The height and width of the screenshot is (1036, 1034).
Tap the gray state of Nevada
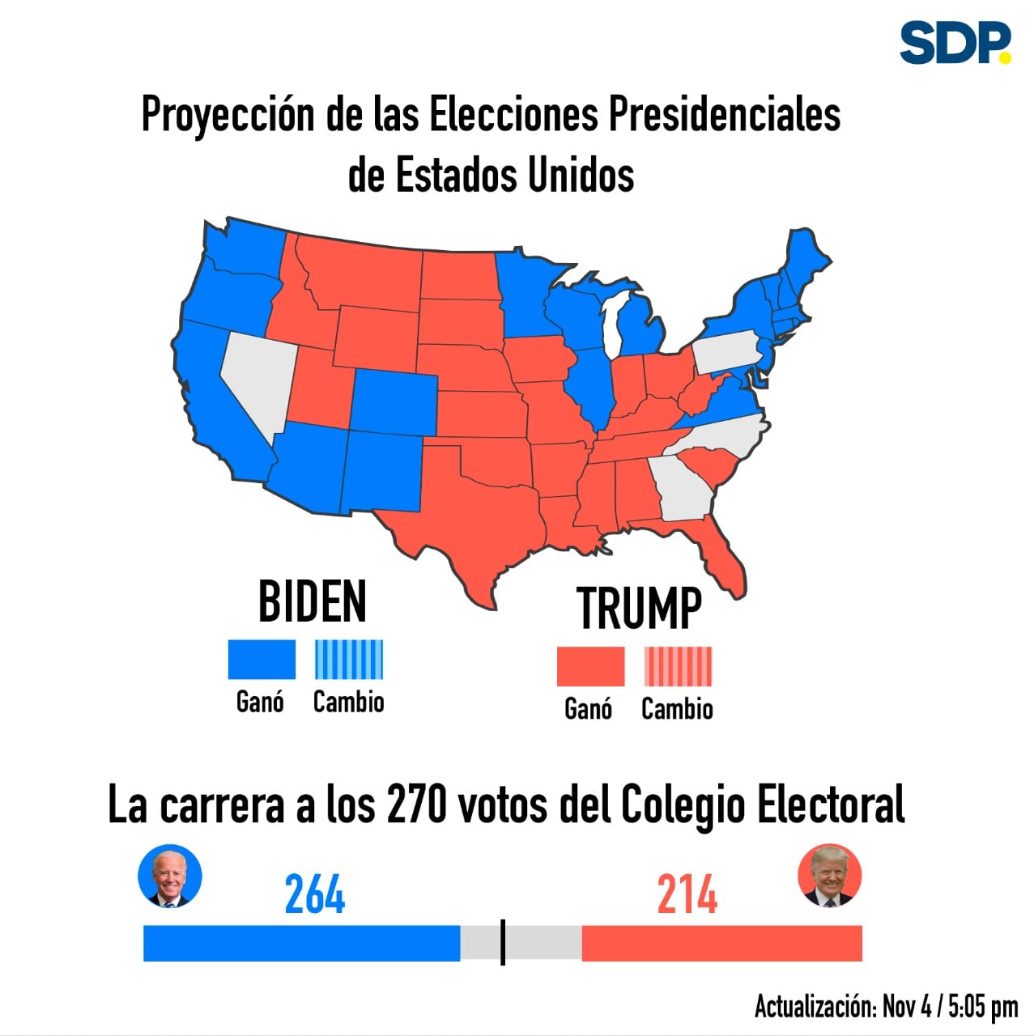click(x=257, y=376)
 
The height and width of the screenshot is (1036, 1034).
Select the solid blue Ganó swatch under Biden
click(x=262, y=659)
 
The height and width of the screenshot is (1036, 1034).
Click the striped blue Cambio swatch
click(x=349, y=659)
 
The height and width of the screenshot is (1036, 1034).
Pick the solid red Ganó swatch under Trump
click(x=590, y=666)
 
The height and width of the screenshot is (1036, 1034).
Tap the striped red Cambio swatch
click(x=678, y=666)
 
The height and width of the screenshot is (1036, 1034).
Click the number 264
click(x=314, y=894)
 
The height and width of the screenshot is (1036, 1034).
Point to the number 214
click(x=687, y=894)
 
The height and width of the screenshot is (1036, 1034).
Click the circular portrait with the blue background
click(x=169, y=876)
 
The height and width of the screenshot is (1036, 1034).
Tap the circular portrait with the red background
click(x=829, y=876)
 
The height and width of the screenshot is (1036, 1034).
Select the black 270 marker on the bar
click(x=503, y=942)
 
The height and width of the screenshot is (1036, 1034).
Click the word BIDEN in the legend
click(x=313, y=601)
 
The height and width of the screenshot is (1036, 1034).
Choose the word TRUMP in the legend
click(x=639, y=608)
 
